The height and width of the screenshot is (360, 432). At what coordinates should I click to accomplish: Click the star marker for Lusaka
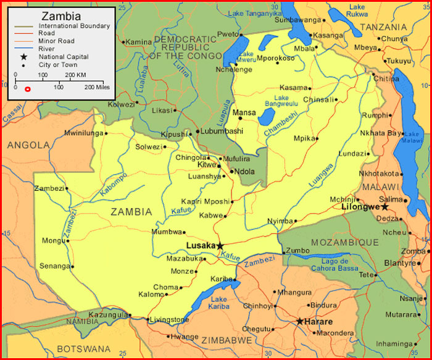click(x=220, y=246)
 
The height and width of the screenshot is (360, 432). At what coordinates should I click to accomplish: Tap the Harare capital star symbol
click(x=300, y=321)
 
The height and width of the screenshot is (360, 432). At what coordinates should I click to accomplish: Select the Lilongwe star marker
click(x=384, y=207)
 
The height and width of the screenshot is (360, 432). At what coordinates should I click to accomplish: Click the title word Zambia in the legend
click(x=60, y=15)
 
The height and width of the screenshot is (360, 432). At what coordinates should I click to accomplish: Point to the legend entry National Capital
click(x=64, y=57)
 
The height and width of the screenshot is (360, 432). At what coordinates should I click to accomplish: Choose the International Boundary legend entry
click(x=74, y=27)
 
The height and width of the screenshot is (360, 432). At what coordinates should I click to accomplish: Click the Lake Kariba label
click(x=219, y=303)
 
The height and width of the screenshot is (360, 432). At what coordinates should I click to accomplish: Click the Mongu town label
click(x=52, y=240)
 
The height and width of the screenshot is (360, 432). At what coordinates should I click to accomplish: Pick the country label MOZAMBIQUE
click(x=344, y=242)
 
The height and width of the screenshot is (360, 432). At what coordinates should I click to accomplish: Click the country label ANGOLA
click(x=28, y=145)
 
